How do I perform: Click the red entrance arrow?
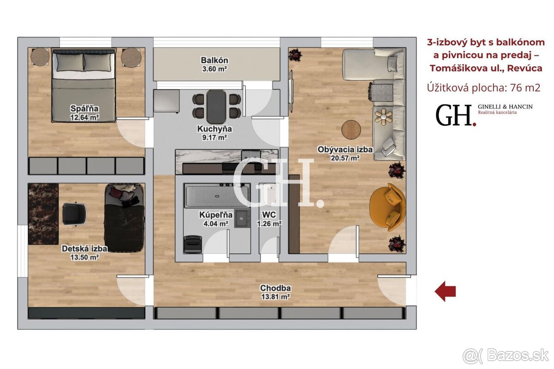pyautogui.click(x=445, y=292)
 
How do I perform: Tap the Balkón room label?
pyautogui.click(x=214, y=60)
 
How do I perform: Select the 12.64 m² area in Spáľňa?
pyautogui.click(x=84, y=117)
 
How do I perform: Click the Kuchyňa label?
pyautogui.click(x=214, y=129)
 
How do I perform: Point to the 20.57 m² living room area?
pyautogui.click(x=345, y=158)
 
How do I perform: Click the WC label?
pyautogui.click(x=269, y=214)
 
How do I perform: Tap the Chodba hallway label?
pyautogui.click(x=275, y=288)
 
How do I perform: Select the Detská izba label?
pyautogui.click(x=84, y=249)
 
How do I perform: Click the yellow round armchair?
pyautogui.click(x=387, y=207)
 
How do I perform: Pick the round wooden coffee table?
pyautogui.click(x=351, y=130)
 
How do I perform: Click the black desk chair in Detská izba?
pyautogui.click(x=74, y=214)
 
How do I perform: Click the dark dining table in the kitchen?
pyautogui.click(x=216, y=107)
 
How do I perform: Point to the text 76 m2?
pyautogui.click(x=525, y=88)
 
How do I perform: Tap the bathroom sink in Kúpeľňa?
pyautogui.click(x=242, y=219)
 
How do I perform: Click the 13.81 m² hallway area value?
pyautogui.click(x=276, y=296)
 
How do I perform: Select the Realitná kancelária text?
pyautogui.click(x=497, y=113)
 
